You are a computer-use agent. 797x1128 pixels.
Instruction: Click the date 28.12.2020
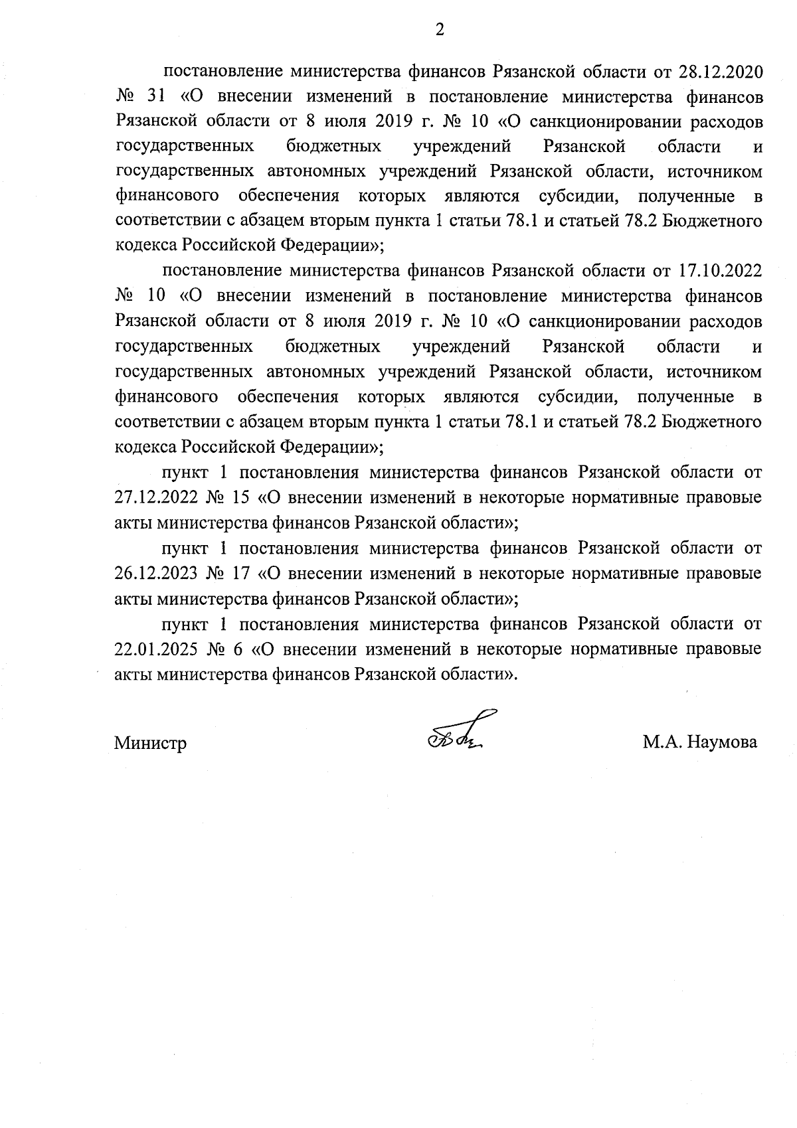coord(720,71)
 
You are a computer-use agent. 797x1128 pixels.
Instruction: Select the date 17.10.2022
coord(720,270)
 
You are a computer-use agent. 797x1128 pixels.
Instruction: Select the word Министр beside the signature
coord(150,743)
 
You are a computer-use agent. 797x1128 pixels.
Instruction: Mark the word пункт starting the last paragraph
coord(186,624)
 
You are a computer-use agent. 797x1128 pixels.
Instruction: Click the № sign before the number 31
coord(126,97)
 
